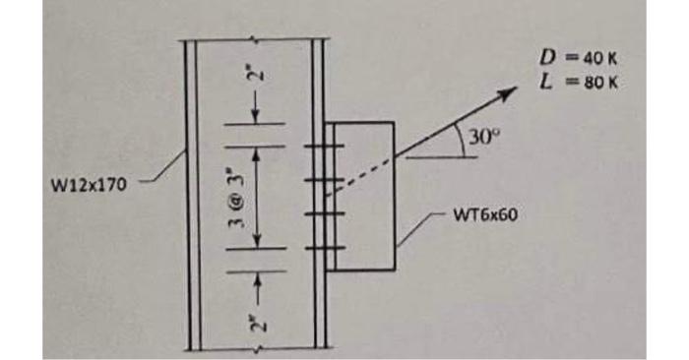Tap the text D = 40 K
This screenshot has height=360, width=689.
click(576, 58)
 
